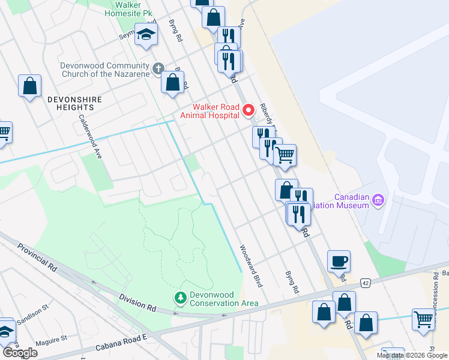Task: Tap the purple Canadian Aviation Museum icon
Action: point(378,200)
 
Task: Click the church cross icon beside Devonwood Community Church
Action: point(158,68)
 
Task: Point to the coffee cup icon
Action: point(339,261)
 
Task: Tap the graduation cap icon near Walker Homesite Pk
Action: point(146,35)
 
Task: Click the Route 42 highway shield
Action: point(366,282)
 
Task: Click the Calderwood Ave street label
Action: point(91,136)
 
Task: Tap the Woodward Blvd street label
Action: point(251,266)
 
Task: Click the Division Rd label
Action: point(137,303)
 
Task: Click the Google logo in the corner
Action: point(20,353)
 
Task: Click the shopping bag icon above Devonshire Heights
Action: point(29,86)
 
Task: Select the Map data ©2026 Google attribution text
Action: point(411,355)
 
